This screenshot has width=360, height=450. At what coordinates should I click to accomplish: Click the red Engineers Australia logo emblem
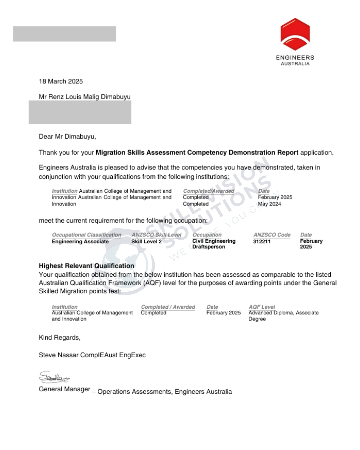click(x=295, y=34)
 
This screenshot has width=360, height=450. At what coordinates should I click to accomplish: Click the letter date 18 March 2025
click(x=61, y=81)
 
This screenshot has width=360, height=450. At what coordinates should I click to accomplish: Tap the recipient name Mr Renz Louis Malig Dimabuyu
click(x=85, y=97)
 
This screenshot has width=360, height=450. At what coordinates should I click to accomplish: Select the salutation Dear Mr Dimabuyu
click(x=67, y=136)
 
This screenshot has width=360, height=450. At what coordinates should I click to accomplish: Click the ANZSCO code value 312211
click(x=262, y=241)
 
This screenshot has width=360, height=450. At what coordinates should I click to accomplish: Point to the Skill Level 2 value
click(x=146, y=241)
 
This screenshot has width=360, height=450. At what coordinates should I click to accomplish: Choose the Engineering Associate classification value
click(x=80, y=241)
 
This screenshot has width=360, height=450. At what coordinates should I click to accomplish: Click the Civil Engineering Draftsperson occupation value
click(x=214, y=244)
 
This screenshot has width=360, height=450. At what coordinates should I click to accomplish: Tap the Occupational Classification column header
click(x=87, y=235)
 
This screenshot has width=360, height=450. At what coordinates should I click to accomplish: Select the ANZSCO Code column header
click(x=272, y=235)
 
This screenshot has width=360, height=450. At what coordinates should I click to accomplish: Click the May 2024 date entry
click(x=269, y=204)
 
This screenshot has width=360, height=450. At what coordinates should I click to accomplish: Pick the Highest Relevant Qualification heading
click(x=86, y=266)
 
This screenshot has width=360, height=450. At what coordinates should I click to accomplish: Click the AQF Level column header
click(x=262, y=307)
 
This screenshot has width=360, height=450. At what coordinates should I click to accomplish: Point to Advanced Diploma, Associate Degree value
click(x=283, y=316)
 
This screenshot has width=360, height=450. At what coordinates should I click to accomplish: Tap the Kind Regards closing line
click(x=59, y=337)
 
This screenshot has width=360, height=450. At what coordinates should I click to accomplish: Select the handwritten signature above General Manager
click(x=54, y=377)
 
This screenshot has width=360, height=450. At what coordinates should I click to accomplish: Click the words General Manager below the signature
click(x=64, y=389)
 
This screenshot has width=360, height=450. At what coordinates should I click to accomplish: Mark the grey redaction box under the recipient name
click(x=80, y=112)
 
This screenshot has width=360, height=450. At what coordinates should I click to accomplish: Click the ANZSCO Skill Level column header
click(x=156, y=235)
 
